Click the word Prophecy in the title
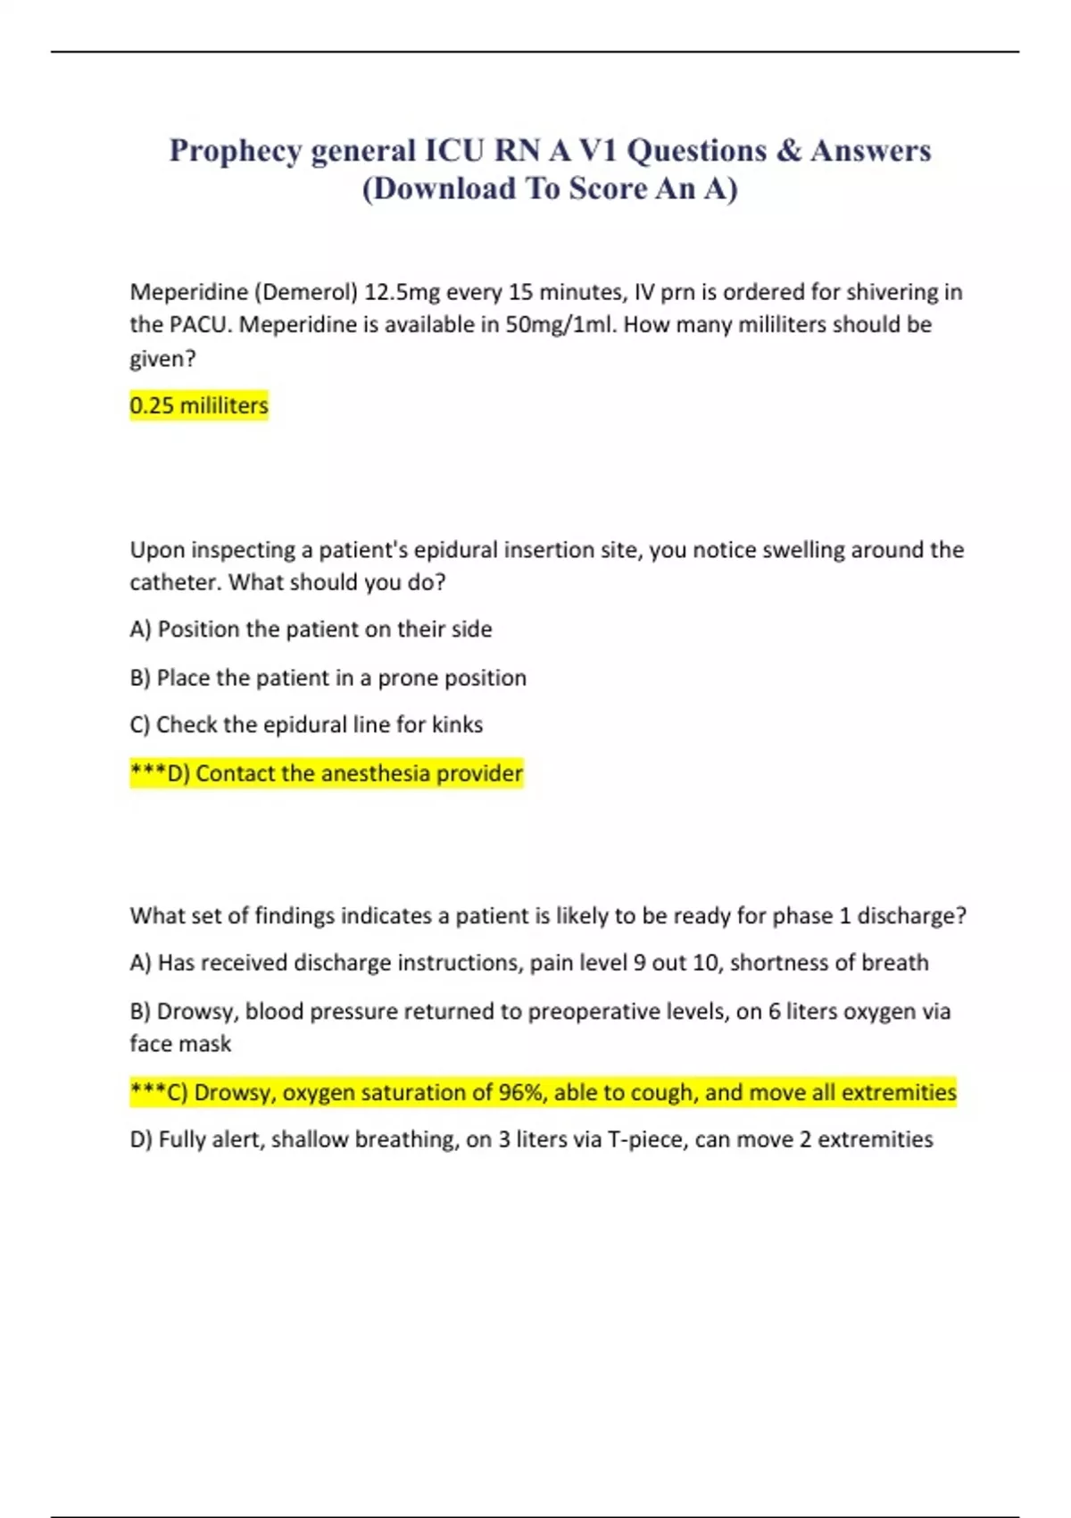[236, 151]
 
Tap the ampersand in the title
[788, 151]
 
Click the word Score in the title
[608, 189]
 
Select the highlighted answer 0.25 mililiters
[199, 405]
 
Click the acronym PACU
[200, 324]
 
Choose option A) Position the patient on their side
[311, 630]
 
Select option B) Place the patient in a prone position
[328, 678]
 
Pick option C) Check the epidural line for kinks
[306, 725]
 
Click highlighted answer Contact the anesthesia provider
[327, 773]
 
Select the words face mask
[180, 1044]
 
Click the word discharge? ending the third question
[911, 916]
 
